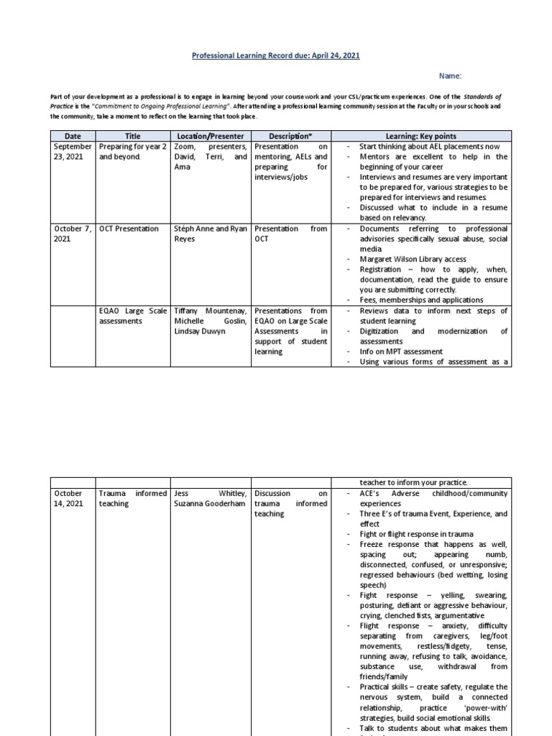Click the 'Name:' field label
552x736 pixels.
[x=451, y=75]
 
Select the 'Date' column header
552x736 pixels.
[x=73, y=136]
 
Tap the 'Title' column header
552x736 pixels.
[x=133, y=136]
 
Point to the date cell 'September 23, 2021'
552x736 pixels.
[x=73, y=151]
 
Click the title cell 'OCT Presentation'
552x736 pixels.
[x=129, y=229]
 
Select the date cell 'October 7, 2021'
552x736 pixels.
[x=73, y=234]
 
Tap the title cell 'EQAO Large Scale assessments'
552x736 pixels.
[x=133, y=316]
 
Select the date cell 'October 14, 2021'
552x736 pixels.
[x=73, y=499]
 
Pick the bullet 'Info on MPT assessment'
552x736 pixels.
[x=401, y=352]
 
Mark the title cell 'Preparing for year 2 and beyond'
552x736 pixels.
[x=133, y=151]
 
